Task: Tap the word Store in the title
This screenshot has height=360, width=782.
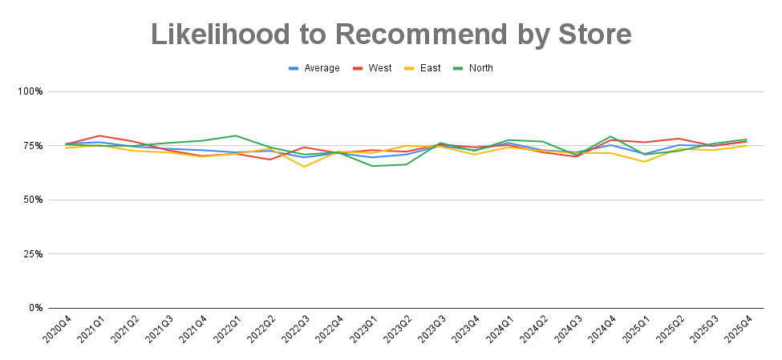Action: (x=592, y=34)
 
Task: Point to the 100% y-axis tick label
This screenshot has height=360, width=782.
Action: (x=30, y=91)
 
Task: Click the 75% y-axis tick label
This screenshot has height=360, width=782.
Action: (x=34, y=146)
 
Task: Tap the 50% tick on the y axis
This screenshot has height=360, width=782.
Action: (x=34, y=200)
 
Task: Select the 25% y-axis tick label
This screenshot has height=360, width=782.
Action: (x=34, y=254)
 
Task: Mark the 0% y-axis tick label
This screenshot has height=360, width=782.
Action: (x=36, y=308)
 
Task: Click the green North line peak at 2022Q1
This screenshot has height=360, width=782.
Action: (x=236, y=136)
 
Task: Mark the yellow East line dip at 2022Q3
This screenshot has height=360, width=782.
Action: (x=304, y=167)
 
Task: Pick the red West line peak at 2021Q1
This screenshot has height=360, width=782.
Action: (x=99, y=136)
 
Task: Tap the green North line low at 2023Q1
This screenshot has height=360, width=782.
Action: (x=372, y=166)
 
